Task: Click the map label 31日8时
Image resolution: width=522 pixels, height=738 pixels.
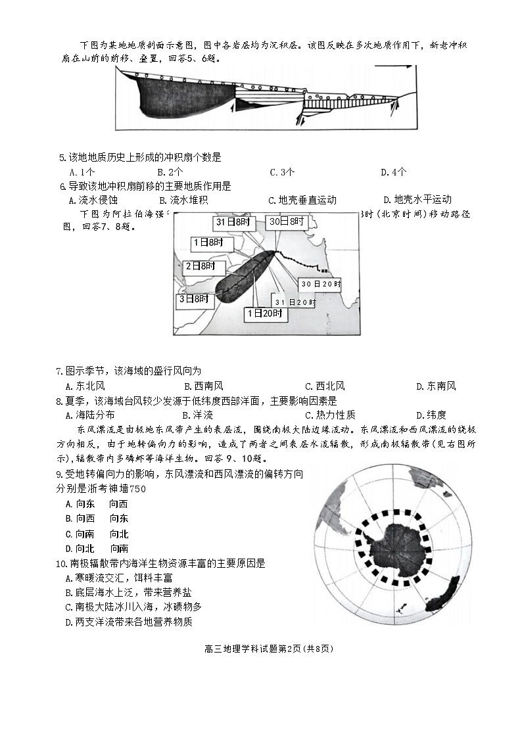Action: click(233, 223)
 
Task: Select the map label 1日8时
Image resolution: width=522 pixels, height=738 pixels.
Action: click(208, 242)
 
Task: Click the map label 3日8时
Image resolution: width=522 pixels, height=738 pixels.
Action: click(193, 299)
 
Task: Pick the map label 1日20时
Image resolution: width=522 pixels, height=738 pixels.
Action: click(266, 314)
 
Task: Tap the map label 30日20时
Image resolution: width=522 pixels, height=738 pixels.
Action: click(320, 284)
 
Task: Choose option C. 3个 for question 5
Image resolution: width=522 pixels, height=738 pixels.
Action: click(282, 173)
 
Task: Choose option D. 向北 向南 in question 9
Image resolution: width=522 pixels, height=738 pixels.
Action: click(97, 548)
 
